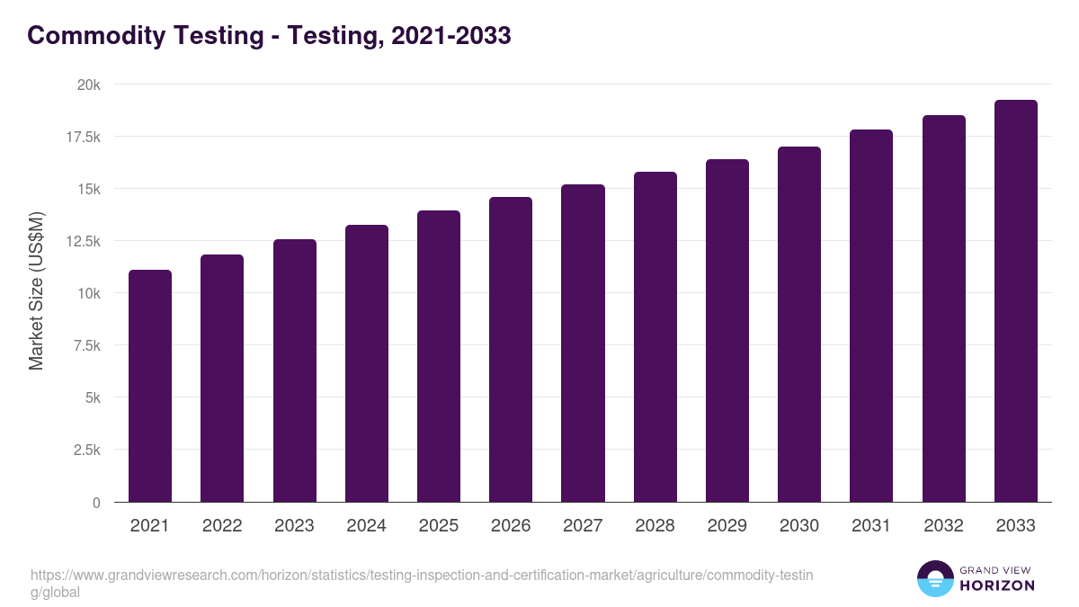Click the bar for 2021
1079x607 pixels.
click(x=150, y=386)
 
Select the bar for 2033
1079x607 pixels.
click(x=1015, y=300)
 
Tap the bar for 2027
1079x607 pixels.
click(x=583, y=343)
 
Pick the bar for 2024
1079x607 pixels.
click(x=367, y=363)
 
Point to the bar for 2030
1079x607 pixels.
click(x=799, y=324)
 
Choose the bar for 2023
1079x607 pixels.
click(x=294, y=370)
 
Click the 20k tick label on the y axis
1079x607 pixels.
click(x=88, y=85)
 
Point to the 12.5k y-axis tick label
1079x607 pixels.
click(x=82, y=241)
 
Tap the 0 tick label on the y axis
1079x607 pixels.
click(x=95, y=503)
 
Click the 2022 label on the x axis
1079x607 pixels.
click(x=222, y=526)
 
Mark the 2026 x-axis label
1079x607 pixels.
click(x=511, y=526)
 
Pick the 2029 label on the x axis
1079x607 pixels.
click(x=727, y=526)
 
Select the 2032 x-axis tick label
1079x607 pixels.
click(x=943, y=526)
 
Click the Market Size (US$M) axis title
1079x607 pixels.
click(x=36, y=292)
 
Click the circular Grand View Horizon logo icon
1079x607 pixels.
click(x=934, y=578)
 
